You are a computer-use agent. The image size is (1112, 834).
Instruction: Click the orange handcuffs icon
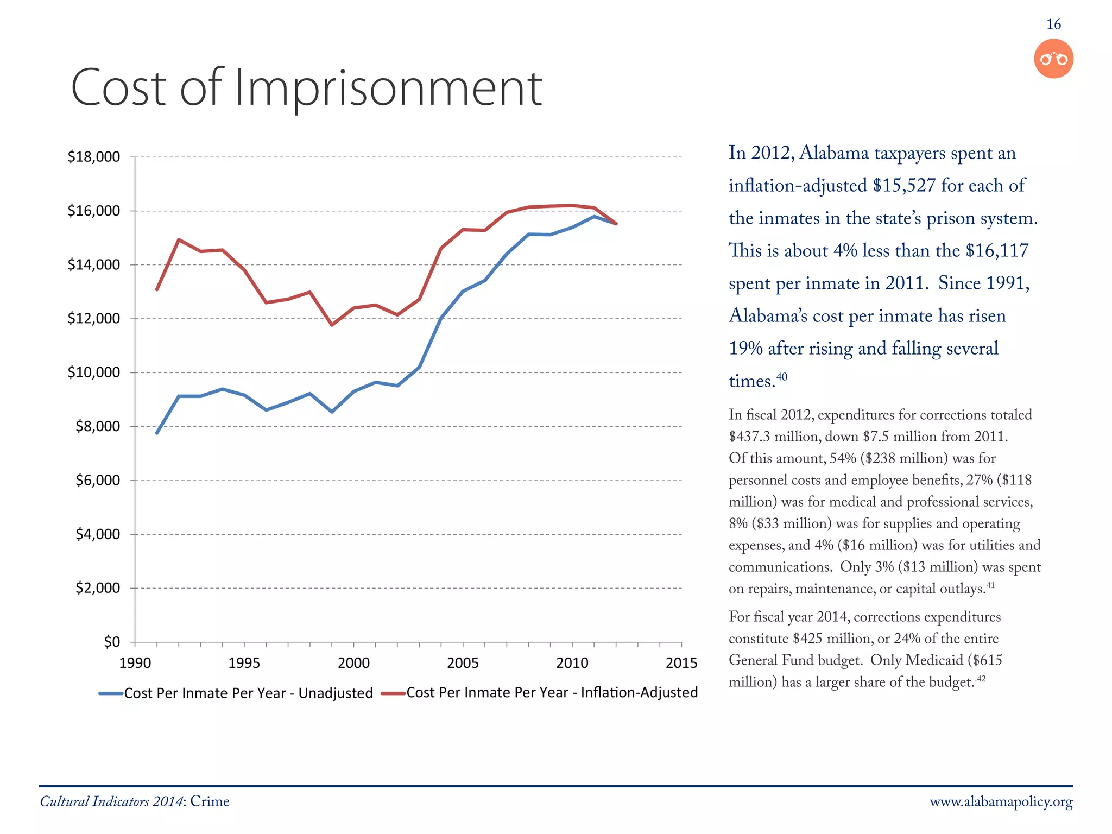coord(1053,59)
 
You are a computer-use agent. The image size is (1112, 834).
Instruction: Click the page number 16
coord(1053,24)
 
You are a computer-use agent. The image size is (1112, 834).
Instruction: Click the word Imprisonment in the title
coord(388,89)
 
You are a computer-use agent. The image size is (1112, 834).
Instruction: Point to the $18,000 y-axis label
coord(93,157)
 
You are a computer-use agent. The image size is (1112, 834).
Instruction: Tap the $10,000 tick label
coord(93,372)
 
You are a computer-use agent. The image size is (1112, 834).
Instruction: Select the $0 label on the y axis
coord(112,642)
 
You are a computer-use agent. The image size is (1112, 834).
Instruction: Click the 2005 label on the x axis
coord(463,663)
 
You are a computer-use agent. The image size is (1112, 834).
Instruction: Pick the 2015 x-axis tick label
coord(681,663)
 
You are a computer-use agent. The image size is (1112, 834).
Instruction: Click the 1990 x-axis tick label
coord(135,663)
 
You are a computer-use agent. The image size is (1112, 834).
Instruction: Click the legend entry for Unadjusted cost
coord(236,693)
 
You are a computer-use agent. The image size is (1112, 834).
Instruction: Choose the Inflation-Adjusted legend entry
coord(540,693)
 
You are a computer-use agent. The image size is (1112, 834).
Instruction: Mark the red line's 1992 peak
coord(179,239)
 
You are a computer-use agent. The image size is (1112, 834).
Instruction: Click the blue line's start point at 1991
coord(157,433)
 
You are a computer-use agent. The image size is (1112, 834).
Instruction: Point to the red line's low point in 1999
coord(332,325)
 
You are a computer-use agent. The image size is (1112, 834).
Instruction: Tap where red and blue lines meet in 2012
coord(616,224)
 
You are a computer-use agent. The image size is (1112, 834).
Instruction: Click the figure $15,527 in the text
coord(904,186)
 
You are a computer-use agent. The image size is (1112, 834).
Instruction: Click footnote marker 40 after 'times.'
coord(781,377)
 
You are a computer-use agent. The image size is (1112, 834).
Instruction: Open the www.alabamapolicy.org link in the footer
coord(1001,802)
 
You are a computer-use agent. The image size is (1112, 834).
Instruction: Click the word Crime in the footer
coord(210,802)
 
